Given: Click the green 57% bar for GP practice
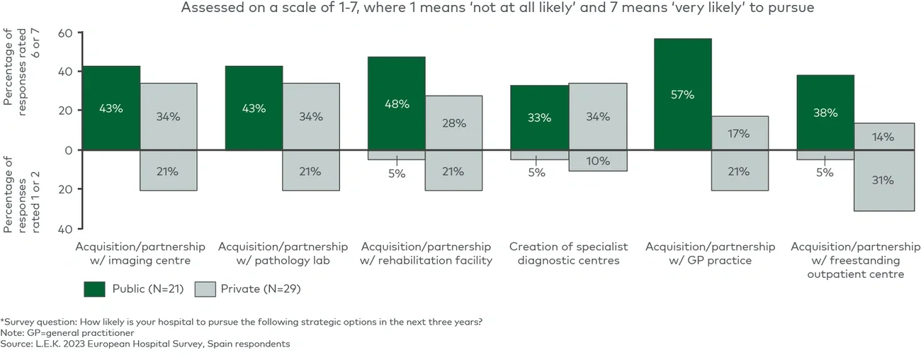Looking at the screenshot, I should (682, 94).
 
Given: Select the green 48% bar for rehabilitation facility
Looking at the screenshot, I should (397, 103).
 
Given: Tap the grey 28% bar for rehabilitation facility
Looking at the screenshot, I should (453, 123).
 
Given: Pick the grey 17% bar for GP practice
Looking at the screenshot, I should (740, 133).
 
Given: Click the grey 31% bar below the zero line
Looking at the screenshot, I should (883, 180).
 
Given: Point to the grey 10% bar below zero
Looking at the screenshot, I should (597, 160).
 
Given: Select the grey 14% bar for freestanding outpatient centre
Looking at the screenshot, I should (883, 137).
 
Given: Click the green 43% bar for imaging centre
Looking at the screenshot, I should (111, 108).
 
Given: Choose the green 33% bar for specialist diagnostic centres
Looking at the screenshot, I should (540, 118).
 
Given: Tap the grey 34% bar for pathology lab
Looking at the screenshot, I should (310, 116).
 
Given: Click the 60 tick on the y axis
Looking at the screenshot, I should (66, 33).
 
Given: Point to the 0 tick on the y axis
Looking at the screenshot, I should (69, 150).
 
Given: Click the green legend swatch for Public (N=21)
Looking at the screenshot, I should (94, 288).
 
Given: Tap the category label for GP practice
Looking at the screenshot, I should (710, 253).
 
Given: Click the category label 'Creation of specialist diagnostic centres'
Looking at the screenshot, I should (568, 253).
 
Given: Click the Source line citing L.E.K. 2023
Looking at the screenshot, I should (145, 344).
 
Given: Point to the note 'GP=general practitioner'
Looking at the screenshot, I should (68, 332).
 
